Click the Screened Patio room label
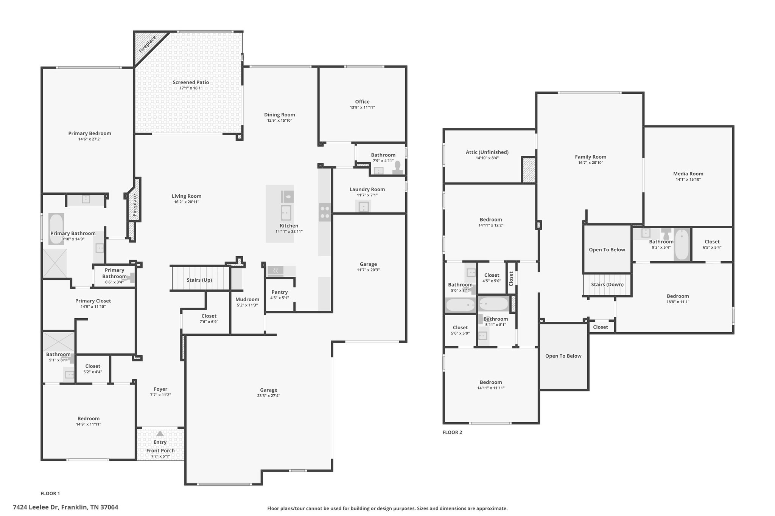click(x=191, y=82)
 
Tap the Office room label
click(x=362, y=102)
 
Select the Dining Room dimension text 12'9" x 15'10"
click(x=280, y=121)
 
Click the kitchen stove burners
click(x=325, y=212)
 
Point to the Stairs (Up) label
click(x=199, y=280)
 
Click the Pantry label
click(x=280, y=292)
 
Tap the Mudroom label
click(x=247, y=299)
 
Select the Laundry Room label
click(x=367, y=189)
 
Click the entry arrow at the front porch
click(x=160, y=434)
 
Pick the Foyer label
click(x=160, y=389)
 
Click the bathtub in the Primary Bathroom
click(x=56, y=229)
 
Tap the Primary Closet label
click(x=93, y=301)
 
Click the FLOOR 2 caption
click(x=452, y=432)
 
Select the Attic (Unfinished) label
click(x=487, y=152)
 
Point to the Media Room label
click(x=688, y=174)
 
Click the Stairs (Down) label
click(x=607, y=285)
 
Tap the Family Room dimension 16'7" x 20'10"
click(x=590, y=163)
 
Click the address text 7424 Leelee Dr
click(x=36, y=507)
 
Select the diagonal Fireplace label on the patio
click(x=147, y=44)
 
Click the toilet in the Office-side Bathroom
click(x=397, y=168)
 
